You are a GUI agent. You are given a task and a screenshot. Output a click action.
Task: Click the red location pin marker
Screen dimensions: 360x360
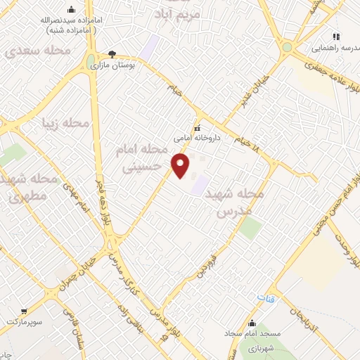[181, 166]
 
